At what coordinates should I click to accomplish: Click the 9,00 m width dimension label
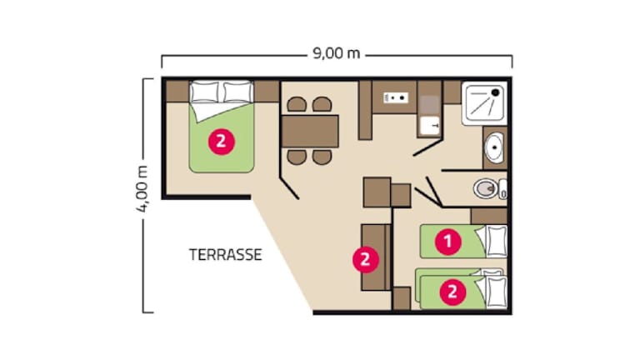point(337,55)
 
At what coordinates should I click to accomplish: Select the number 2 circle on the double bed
point(220,141)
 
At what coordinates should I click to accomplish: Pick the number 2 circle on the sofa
point(364,259)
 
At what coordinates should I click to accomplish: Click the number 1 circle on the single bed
point(448,242)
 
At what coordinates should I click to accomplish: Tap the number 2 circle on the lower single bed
point(452,292)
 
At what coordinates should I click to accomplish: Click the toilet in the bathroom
point(485,189)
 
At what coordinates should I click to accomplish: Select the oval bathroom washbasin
point(493,149)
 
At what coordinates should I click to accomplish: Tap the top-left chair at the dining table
point(297,105)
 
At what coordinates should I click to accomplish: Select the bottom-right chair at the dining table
point(322,157)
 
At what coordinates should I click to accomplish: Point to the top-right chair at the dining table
point(322,105)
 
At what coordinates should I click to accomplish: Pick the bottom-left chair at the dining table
point(297,157)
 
